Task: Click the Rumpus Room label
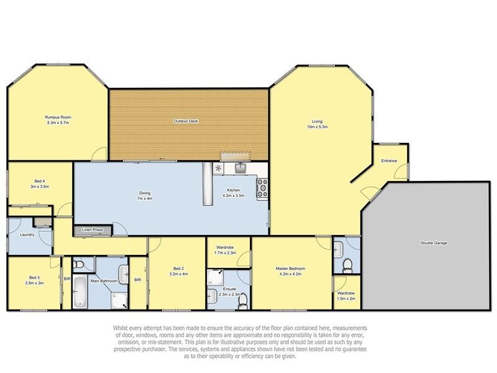point(58,117)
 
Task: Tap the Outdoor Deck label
point(186,121)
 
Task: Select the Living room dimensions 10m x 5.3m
point(317,127)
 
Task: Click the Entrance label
point(389,161)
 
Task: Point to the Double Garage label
point(434,243)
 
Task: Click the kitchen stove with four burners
point(262,188)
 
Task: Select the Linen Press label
point(92,229)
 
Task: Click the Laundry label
point(27,235)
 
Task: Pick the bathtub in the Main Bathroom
point(80,292)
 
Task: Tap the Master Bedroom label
point(290,269)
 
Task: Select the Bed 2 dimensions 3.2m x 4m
point(179,274)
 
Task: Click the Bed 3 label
point(34,277)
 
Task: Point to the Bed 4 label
point(40,181)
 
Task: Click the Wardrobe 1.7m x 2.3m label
point(225,250)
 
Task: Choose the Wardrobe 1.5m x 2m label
point(346,296)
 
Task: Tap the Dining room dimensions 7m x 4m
point(145,198)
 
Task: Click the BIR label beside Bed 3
point(67,279)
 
